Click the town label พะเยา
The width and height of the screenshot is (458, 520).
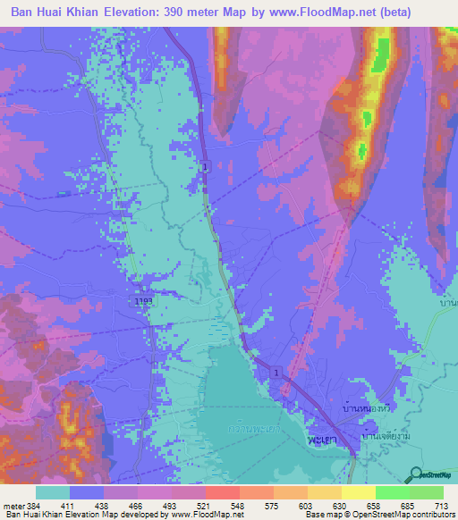click(x=313, y=441)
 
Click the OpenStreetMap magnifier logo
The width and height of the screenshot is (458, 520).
click(x=415, y=476)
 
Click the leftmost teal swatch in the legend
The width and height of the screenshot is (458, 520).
click(x=53, y=492)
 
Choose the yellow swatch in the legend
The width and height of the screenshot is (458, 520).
click(x=358, y=492)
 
